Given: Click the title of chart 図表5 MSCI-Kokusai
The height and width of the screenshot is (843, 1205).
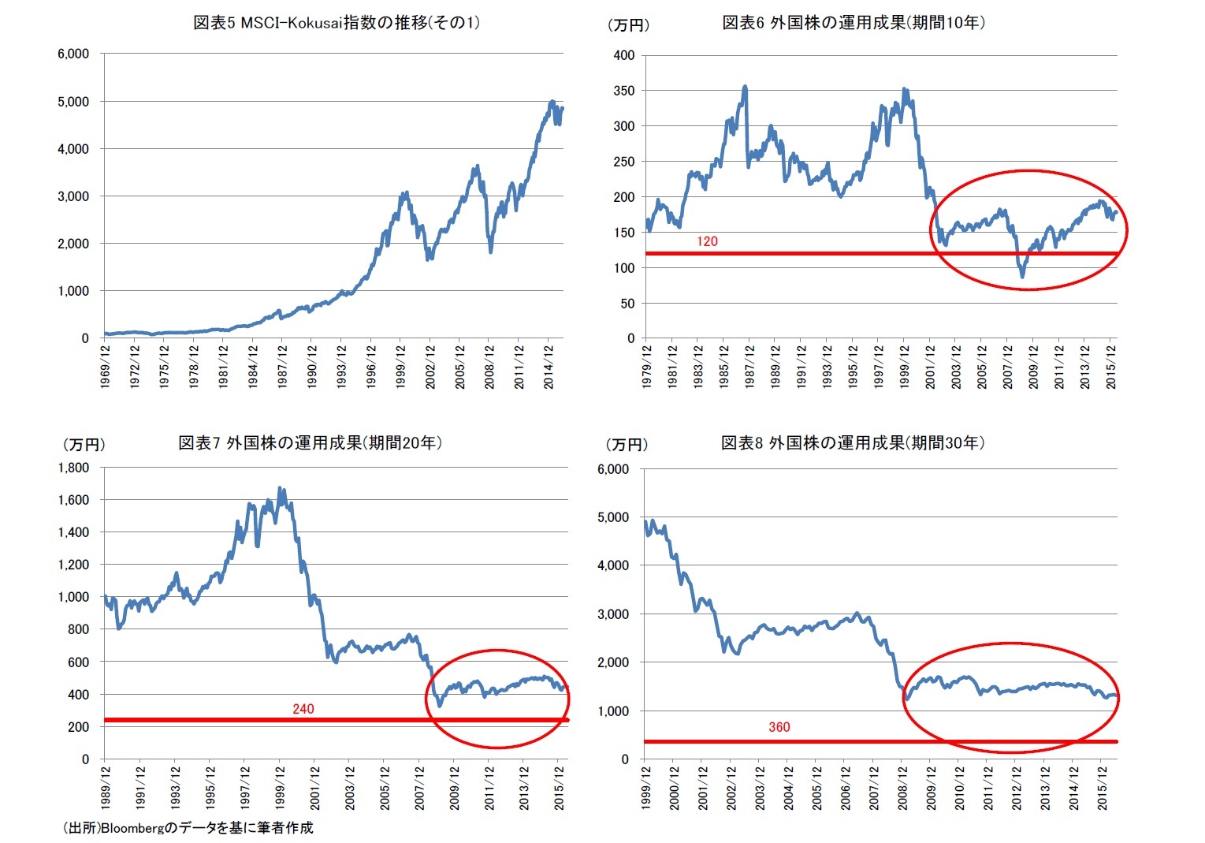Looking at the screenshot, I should pyautogui.click(x=337, y=23).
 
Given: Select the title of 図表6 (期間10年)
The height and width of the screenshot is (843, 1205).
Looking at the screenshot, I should pyautogui.click(x=854, y=23).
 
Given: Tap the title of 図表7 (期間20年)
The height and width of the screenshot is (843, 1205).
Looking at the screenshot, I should pyautogui.click(x=310, y=443).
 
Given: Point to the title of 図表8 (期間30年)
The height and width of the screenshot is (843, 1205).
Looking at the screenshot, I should pyautogui.click(x=853, y=443).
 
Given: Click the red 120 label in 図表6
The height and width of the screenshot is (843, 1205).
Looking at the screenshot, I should pyautogui.click(x=707, y=242).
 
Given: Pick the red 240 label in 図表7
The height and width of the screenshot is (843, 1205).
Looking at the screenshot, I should pyautogui.click(x=303, y=709).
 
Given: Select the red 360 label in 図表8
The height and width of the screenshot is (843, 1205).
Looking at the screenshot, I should pyautogui.click(x=779, y=727).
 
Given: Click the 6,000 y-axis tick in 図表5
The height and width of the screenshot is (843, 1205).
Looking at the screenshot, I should pyautogui.click(x=73, y=54).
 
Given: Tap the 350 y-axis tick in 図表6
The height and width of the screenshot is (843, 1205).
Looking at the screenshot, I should pyautogui.click(x=623, y=91).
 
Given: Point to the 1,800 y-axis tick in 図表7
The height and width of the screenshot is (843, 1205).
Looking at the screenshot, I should pyautogui.click(x=73, y=468).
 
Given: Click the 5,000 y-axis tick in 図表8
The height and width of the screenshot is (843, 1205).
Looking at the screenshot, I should pyautogui.click(x=613, y=518).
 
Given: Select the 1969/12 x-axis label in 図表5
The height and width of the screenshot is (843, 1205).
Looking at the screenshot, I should pyautogui.click(x=106, y=366).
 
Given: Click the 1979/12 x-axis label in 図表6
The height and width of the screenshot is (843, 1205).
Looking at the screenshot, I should pyautogui.click(x=647, y=366).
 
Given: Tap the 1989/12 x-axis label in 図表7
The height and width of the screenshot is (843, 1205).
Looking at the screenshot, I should pyautogui.click(x=106, y=787).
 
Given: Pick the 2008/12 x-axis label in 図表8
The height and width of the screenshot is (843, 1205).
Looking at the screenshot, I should pyautogui.click(x=902, y=787).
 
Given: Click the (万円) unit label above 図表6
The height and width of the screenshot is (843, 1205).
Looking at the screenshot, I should pyautogui.click(x=628, y=25).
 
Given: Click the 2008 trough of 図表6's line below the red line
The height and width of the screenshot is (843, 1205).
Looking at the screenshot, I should pyautogui.click(x=1023, y=275).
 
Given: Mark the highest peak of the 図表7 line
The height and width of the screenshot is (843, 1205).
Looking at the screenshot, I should pyautogui.click(x=281, y=489).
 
